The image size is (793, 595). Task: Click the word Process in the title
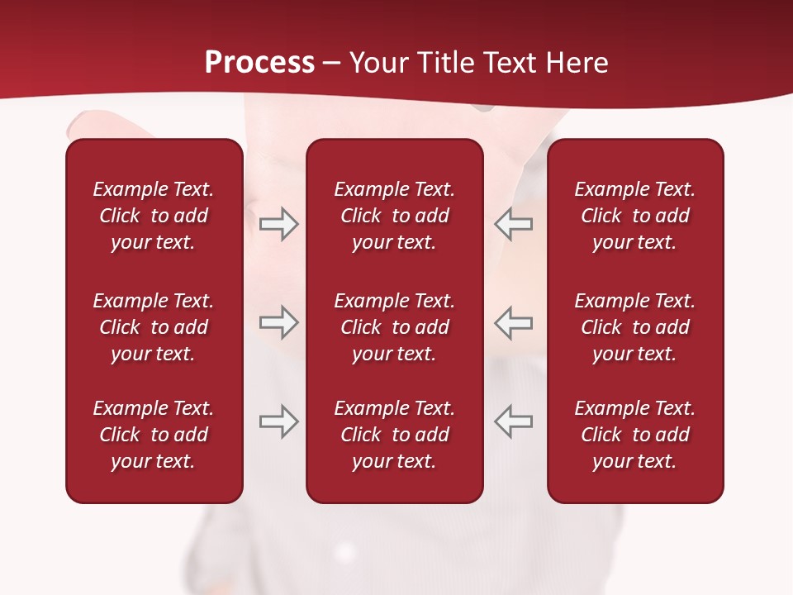[x=259, y=63]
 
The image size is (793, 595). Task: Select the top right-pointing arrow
[x=279, y=224]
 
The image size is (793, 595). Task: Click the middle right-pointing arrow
[x=279, y=322]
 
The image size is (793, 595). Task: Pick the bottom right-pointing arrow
[x=279, y=421]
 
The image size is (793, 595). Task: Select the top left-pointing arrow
[x=513, y=224]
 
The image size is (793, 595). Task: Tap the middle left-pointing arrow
[x=513, y=322]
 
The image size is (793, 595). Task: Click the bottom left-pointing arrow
[x=513, y=421]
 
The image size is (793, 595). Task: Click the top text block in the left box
[x=154, y=216]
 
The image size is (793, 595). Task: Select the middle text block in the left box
[x=154, y=327]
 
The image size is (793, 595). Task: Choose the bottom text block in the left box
[x=154, y=435]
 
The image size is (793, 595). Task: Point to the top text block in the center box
[x=394, y=216]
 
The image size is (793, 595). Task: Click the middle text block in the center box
[x=394, y=327]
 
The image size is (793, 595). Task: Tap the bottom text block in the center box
[x=394, y=435]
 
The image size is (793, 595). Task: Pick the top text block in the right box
[x=634, y=216]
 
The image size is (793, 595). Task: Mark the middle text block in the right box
[x=634, y=327]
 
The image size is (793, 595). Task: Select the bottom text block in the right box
[x=634, y=435]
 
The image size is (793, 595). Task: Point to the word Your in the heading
[x=378, y=63]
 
